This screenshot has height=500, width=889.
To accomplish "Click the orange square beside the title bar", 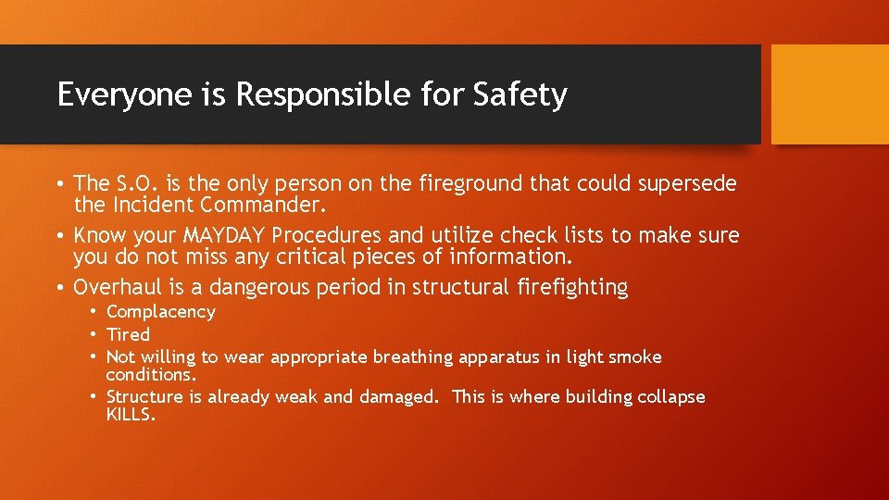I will point(830,94).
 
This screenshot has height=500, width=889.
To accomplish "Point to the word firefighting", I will point(570,288).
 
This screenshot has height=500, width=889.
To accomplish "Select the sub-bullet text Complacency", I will point(161,312).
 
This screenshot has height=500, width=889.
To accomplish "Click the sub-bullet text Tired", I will point(128,334).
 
